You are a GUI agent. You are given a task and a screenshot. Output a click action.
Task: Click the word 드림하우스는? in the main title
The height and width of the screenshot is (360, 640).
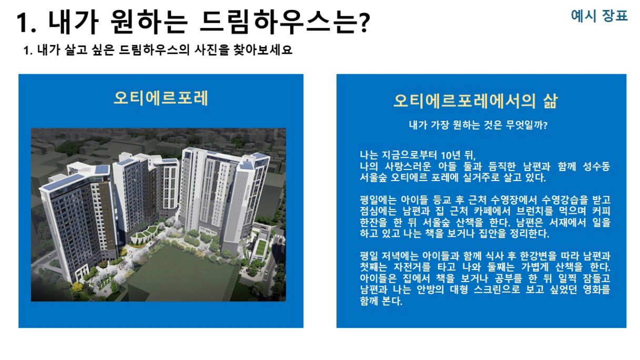point(285,23)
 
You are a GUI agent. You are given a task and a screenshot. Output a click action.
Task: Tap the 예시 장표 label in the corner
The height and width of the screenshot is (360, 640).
point(599,16)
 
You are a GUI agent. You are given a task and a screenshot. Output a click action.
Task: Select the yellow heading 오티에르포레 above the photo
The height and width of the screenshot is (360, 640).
point(161,98)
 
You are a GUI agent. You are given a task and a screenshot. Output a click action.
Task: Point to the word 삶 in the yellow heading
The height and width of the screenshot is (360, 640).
point(551,101)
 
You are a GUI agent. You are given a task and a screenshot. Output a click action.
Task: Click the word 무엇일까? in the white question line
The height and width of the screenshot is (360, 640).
point(526,125)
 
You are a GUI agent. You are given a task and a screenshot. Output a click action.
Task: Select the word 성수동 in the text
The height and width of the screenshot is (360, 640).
point(596,166)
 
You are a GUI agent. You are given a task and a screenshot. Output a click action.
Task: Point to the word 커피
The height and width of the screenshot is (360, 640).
point(601,211)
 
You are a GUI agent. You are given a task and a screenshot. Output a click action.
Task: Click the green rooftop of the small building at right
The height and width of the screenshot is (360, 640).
point(260,247)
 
